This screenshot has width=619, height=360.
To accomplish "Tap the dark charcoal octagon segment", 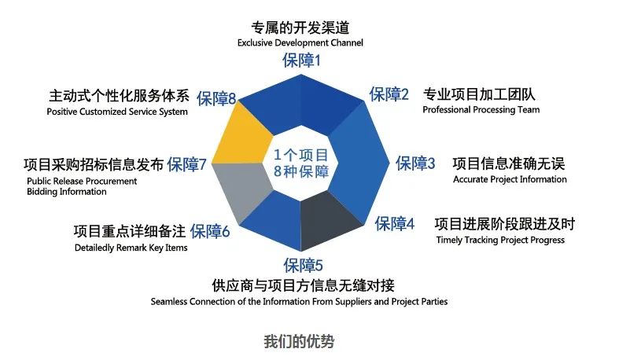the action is point(328,219).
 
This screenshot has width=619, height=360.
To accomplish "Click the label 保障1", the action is point(301,61).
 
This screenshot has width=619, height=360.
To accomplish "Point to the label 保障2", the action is point(389,94).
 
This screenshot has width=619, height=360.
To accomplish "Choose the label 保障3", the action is point(415,163).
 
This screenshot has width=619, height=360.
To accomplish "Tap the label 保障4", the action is point(394,223).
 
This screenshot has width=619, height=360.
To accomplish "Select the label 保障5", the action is point(303,265).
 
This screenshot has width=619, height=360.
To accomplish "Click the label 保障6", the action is point(210,231).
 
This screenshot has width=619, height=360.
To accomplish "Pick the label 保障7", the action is point(186,164).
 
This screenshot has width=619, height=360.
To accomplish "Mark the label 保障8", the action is point(216,98).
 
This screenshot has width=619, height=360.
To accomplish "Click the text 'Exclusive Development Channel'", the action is point(300,42).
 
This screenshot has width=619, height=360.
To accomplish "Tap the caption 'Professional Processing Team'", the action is point(481,109).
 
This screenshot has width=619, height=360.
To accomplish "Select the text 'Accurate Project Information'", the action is point(510,179).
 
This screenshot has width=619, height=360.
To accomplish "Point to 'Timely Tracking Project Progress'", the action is point(500,241).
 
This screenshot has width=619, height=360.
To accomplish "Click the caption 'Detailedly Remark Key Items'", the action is point(131,248).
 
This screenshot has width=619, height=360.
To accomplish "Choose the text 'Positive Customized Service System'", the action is point(117,112).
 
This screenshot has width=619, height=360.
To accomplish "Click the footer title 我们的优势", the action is point(299,341).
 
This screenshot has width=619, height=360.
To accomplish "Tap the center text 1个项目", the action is point(300,155).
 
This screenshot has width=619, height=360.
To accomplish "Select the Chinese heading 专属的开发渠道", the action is point(300,28).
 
